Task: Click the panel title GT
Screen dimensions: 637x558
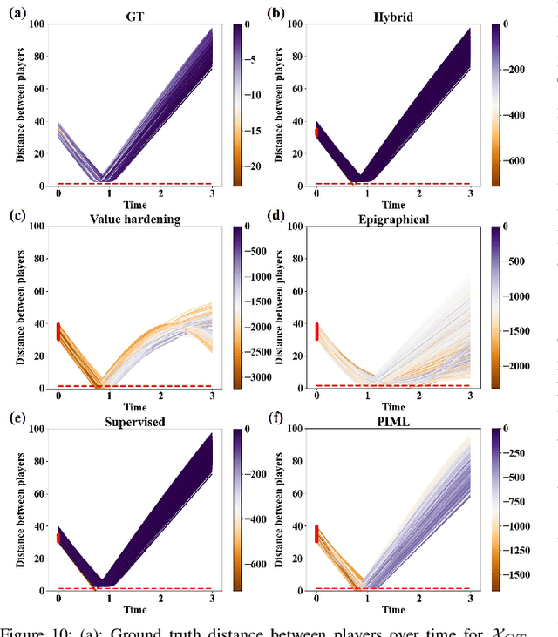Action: point(134,16)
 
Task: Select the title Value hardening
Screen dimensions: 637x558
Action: point(134,220)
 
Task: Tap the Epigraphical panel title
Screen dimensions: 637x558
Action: point(393,220)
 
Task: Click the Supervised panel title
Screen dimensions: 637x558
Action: point(134,422)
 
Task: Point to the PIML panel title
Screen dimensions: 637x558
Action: point(393,422)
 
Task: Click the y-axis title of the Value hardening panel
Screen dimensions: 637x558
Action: point(20,307)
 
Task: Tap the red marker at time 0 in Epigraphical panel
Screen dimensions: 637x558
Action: point(316,331)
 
